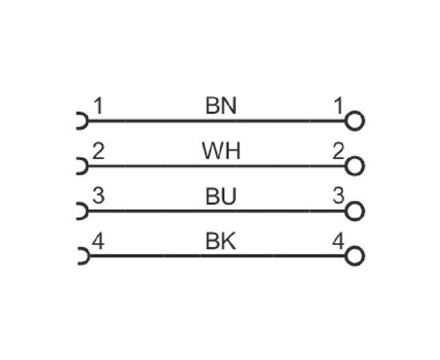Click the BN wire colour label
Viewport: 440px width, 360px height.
coord(221,106)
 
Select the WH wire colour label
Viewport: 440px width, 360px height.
coord(221,150)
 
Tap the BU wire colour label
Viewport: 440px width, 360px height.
coord(221,196)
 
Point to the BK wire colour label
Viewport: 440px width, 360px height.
coord(221,241)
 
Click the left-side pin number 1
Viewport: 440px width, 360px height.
coord(98,106)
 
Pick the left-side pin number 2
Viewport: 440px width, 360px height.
coord(98,151)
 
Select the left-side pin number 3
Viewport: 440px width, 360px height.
coord(98,195)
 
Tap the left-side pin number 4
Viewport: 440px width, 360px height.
coord(98,241)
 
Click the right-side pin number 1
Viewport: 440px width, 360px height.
coord(338,106)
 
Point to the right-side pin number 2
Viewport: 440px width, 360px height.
coord(338,150)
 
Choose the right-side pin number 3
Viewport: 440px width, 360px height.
coord(338,195)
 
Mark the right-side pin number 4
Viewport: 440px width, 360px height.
coord(338,241)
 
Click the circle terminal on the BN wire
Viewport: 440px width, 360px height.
coord(354,112)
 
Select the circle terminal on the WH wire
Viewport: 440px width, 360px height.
coord(354,157)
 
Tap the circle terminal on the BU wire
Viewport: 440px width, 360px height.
coord(354,202)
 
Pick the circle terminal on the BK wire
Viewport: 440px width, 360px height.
coord(354,247)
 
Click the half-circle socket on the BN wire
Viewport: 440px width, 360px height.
coord(87,121)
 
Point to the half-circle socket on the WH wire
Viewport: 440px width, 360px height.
coord(87,166)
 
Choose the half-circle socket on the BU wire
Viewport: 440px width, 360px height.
coord(87,211)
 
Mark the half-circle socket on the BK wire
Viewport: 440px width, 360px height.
coord(89,256)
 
